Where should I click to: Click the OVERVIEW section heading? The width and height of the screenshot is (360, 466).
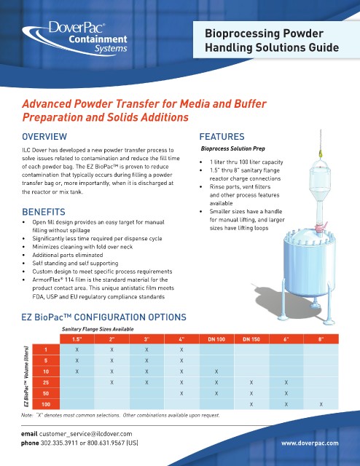[x=44, y=137]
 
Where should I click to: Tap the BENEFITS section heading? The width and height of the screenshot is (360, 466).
[x=44, y=212]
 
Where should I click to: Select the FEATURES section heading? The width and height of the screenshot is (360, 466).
[x=222, y=137]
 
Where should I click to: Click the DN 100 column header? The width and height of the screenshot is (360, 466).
[x=216, y=339]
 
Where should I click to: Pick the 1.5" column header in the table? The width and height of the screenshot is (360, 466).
[x=77, y=339]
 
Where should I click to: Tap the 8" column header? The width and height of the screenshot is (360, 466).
[x=321, y=339]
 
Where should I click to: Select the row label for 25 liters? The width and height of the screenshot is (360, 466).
[x=46, y=382]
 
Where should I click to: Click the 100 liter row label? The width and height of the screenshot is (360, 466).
[x=46, y=405]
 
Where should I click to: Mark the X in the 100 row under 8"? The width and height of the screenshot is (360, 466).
[x=321, y=405]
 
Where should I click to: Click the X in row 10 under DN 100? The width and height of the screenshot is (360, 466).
[x=216, y=371]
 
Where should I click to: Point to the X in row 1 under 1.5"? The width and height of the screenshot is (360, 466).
[x=77, y=349]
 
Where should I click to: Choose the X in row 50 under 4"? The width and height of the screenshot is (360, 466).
[x=181, y=393]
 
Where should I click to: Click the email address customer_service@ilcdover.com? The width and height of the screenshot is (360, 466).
[x=86, y=434]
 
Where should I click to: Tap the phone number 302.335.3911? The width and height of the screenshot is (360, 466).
[x=59, y=443]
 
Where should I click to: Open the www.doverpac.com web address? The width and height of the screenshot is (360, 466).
[x=310, y=443]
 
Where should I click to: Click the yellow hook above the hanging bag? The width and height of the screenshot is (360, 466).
[x=321, y=154]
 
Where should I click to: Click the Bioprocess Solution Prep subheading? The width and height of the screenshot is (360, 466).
[x=233, y=149]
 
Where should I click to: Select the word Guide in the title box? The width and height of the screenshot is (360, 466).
[x=324, y=47]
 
